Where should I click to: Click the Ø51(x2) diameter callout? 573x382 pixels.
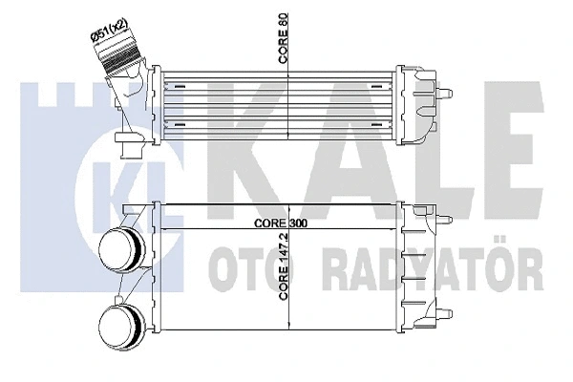coord(109,31)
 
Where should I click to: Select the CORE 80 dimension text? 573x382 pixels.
coord(284,38)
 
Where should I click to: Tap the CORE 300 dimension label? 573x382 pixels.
coord(281,223)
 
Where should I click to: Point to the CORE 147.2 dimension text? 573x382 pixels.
coord(284,265)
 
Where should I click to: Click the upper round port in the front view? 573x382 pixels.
coord(121,249)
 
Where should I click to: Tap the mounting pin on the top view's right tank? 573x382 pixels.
coord(445,94)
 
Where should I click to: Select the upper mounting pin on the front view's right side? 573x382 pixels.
coord(445,220)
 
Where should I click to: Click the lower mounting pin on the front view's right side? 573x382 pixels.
coord(445,313)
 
